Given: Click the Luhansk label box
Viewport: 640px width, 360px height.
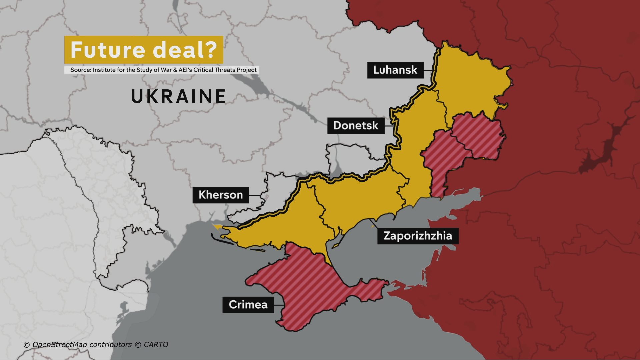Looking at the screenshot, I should click(395, 70).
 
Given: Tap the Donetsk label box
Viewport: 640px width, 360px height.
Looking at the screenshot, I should click(356, 126).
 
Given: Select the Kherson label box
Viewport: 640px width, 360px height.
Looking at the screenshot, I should click(220, 195).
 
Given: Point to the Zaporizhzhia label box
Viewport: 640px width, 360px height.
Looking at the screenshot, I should click(418, 236).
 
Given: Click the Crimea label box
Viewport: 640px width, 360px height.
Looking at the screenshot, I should click(248, 304).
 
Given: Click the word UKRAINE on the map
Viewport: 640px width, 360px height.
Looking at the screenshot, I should click(179, 96).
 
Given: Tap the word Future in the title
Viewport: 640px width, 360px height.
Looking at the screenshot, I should click(108, 50).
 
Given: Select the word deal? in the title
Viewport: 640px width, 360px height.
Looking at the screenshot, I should click(185, 50).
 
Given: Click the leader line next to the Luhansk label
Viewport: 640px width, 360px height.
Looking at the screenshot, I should click(429, 70).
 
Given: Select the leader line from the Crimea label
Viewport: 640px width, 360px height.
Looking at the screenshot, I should click(279, 304).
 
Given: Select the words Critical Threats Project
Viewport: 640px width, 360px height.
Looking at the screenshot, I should click(225, 70).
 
